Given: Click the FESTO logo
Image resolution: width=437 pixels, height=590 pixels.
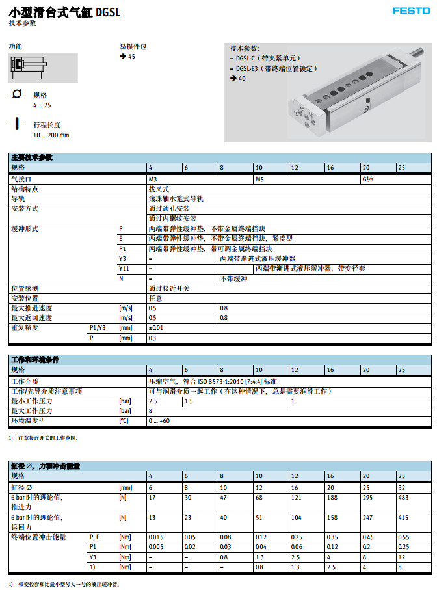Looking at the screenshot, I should click(x=411, y=11).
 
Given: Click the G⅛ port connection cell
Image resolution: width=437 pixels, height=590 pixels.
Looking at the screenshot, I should click(x=367, y=178).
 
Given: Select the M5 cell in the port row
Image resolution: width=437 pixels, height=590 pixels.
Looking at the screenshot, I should click(x=259, y=178).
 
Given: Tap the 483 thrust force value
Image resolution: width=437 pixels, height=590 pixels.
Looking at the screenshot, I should click(x=403, y=498).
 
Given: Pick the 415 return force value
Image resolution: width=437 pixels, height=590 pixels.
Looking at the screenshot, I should click(x=403, y=518).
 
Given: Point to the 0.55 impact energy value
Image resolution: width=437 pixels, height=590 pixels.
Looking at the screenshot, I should click(x=403, y=537).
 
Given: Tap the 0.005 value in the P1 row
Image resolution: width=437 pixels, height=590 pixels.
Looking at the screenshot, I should click(x=157, y=547).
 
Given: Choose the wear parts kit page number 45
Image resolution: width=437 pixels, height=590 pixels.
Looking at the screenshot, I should click(x=132, y=57).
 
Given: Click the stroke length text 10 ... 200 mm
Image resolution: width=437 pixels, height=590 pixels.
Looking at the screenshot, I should click(x=51, y=135).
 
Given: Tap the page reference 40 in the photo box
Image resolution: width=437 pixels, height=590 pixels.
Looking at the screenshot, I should click(x=242, y=78).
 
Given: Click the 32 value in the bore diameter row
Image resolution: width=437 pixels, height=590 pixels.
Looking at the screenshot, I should click(x=401, y=487).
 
